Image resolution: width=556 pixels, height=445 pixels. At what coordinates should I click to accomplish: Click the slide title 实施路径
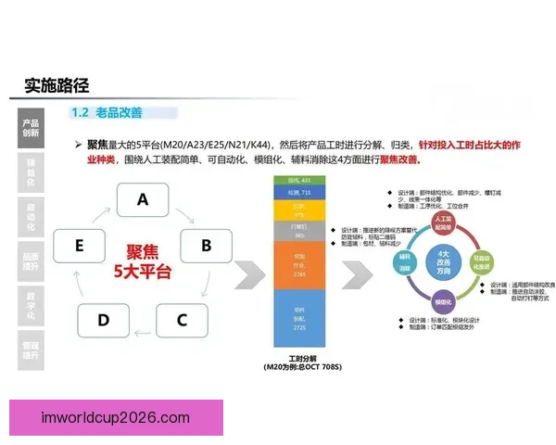click(x=57, y=86)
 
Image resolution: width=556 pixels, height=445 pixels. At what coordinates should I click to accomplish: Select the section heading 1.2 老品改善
click(x=107, y=113)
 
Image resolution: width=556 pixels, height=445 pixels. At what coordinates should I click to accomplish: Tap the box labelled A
click(x=142, y=199)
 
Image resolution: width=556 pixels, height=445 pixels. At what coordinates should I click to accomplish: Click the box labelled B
click(x=206, y=246)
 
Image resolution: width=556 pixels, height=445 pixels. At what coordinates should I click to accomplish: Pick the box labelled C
click(x=182, y=320)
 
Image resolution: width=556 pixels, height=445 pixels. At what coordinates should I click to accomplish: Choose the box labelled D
click(x=103, y=320)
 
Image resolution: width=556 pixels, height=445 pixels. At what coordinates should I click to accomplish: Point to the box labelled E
click(x=79, y=246)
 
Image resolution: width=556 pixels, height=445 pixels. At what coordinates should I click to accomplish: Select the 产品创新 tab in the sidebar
click(x=31, y=128)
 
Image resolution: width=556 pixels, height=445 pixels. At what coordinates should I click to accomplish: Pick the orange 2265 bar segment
click(x=297, y=264)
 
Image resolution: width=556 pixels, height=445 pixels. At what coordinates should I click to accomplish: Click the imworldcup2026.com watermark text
click(x=116, y=418)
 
